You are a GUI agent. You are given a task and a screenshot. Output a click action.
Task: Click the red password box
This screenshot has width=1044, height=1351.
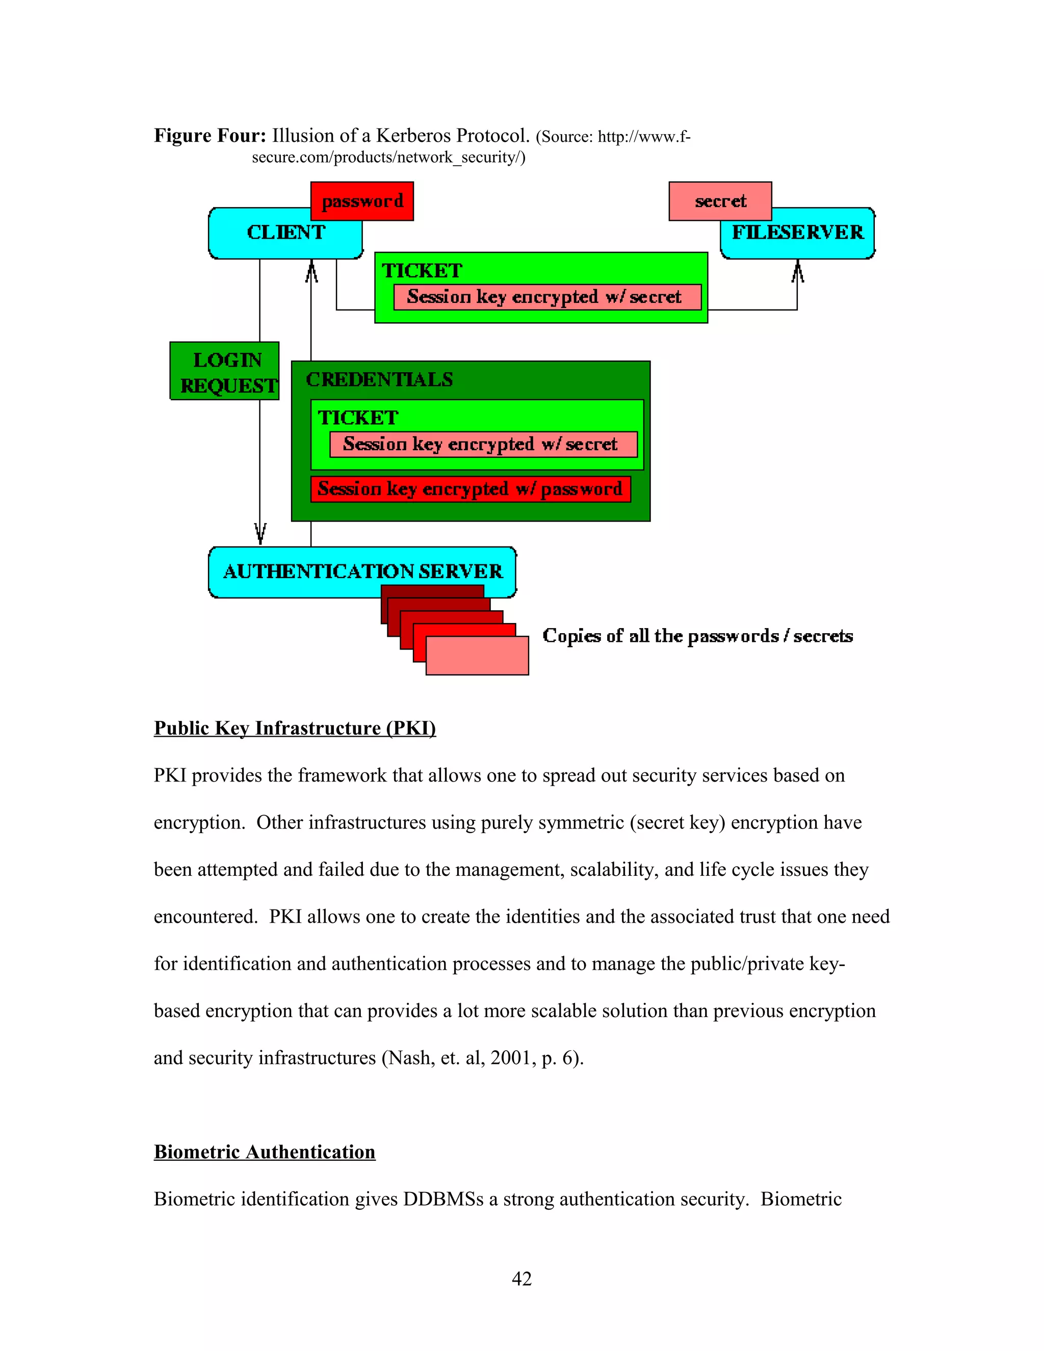coord(362,201)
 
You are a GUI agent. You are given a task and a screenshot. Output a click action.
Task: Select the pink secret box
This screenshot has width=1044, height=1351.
coord(720,201)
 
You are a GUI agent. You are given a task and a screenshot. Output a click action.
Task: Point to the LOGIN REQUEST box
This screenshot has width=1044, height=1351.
coord(224,371)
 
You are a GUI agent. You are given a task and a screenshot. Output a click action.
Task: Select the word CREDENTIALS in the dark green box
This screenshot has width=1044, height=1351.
coord(379,379)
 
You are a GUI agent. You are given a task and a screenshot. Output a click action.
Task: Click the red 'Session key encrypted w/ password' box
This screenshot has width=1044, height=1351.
coord(470,489)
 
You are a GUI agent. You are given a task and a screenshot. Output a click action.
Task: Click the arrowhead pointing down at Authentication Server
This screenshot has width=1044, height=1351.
coord(260,533)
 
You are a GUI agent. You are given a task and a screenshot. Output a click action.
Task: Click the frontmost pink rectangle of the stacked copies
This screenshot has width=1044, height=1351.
coord(477,656)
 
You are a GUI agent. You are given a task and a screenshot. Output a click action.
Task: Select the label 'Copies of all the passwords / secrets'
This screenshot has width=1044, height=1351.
coord(697,636)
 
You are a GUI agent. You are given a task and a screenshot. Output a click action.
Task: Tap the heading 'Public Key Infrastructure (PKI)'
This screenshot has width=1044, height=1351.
coord(295,728)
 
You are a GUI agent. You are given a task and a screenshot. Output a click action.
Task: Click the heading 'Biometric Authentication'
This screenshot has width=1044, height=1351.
coord(264,1152)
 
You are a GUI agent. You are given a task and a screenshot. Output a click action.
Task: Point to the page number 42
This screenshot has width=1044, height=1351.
coord(521,1279)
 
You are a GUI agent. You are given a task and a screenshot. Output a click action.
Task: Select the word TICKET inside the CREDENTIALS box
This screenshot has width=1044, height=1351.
coord(358,418)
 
